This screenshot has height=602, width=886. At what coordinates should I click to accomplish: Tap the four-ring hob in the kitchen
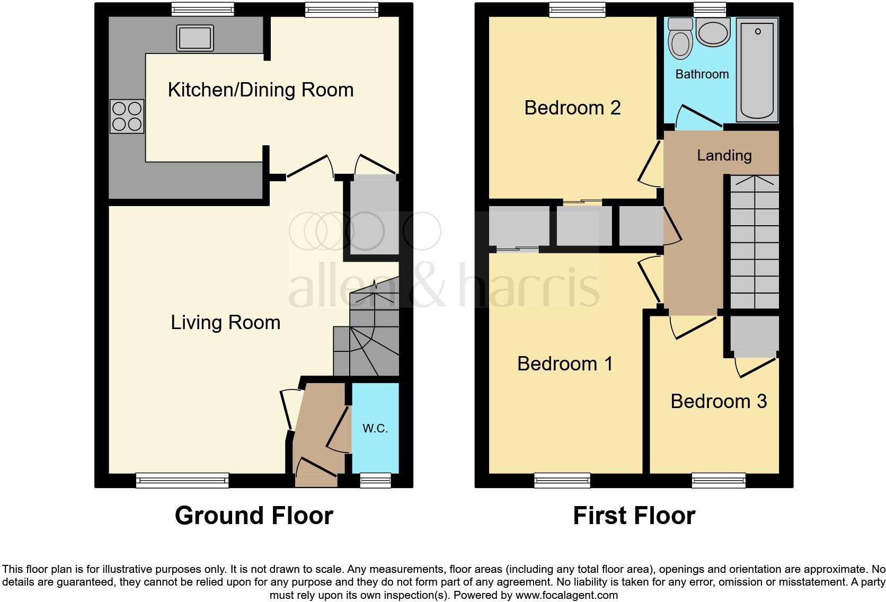[127, 117]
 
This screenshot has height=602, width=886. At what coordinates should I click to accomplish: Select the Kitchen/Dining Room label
[261, 90]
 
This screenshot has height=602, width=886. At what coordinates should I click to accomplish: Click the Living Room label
[225, 323]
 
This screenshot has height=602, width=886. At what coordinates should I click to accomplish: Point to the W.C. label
[375, 428]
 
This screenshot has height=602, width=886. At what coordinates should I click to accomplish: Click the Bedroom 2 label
[572, 108]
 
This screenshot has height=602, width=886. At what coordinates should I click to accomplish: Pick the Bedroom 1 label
[565, 364]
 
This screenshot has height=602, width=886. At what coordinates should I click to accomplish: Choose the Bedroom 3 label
[719, 402]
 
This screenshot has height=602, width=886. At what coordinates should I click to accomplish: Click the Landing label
[724, 156]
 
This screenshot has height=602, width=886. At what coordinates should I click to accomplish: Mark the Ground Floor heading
[254, 516]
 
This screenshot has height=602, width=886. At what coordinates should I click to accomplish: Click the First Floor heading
[634, 516]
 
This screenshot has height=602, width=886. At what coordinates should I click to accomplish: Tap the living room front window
[182, 480]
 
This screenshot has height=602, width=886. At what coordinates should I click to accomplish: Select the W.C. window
[375, 480]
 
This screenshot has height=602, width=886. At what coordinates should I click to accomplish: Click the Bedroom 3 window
[719, 480]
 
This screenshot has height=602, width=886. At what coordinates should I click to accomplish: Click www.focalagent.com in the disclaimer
[566, 595]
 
